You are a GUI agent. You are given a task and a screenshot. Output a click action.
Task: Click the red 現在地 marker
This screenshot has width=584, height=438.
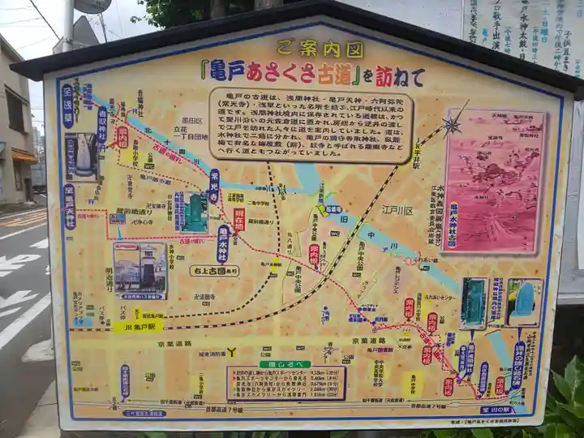click(x=239, y=219)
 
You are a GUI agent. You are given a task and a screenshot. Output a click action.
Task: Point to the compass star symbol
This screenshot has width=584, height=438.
click(x=452, y=125)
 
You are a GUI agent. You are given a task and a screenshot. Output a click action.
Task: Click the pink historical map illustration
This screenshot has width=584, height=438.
click(x=495, y=180)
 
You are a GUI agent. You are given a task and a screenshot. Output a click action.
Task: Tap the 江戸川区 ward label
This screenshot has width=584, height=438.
click(x=397, y=210)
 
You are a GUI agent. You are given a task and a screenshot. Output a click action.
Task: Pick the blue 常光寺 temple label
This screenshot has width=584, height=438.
click(x=214, y=186)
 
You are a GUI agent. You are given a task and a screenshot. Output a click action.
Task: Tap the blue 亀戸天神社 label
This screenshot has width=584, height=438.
click(x=70, y=207)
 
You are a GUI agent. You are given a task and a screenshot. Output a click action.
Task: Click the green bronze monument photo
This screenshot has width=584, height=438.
click(x=194, y=213)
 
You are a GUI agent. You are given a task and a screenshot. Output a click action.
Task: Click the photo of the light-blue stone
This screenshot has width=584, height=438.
click(x=524, y=301)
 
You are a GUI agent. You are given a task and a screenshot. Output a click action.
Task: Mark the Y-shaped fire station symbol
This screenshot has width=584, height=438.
click(x=231, y=352)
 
